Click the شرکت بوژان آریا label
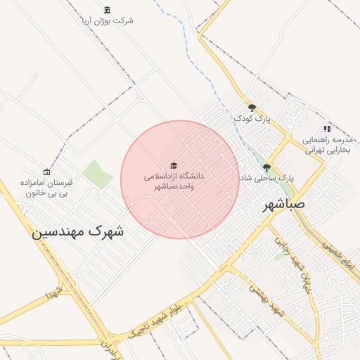107,20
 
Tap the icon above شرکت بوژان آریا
107,9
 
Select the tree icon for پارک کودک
252,108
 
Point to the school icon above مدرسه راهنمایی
326,129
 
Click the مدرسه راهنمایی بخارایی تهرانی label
326,145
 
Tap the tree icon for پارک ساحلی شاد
266,167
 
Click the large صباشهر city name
284,205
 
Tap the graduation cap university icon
174,165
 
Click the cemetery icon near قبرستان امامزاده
47,172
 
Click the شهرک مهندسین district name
77,231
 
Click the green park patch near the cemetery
97,174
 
